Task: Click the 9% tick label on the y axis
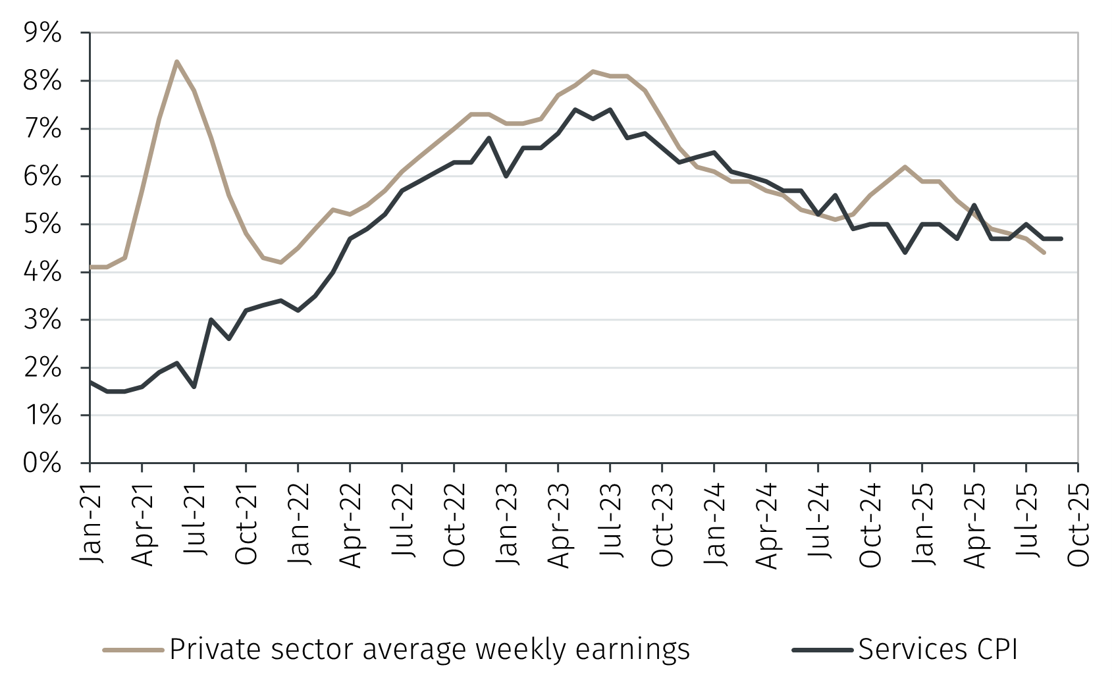coord(42,33)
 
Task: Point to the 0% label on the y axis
coord(42,463)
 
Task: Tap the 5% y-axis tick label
coord(42,224)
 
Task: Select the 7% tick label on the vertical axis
coord(42,129)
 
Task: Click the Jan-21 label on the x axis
coord(92,523)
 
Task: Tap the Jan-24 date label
coord(715,523)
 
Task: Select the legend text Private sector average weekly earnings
coord(429,649)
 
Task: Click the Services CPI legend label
coord(938,649)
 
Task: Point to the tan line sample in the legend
coord(133,650)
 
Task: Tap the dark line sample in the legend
coord(822,650)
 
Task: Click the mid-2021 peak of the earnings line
coord(176,62)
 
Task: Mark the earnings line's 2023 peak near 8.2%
coord(593,71)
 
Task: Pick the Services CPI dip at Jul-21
coord(194,386)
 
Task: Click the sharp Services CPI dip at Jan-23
coord(506,176)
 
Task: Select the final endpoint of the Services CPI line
coord(1061,238)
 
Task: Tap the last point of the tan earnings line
coord(1044,252)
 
